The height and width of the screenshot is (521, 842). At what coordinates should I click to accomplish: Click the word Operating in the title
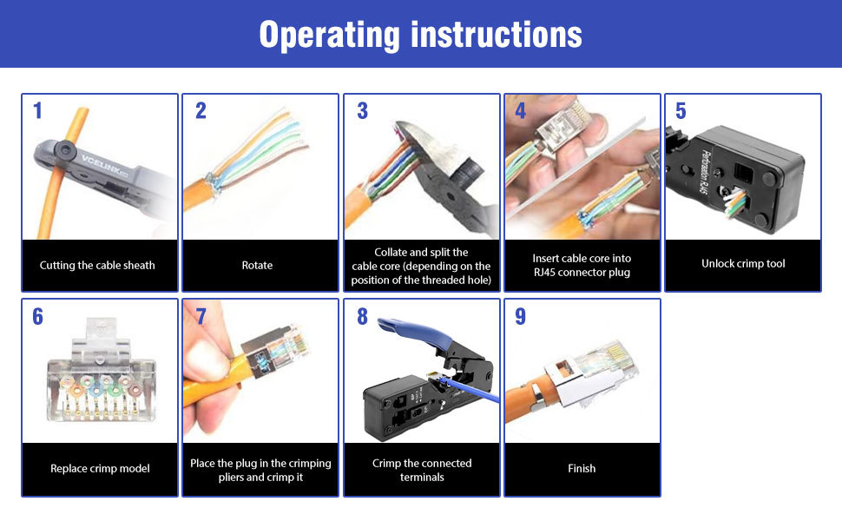[x=330, y=36]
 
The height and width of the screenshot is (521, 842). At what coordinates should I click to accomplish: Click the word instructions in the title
[x=497, y=35]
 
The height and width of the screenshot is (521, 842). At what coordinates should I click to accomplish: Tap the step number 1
[x=37, y=110]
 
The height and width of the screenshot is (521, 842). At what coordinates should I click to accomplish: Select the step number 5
[x=681, y=110]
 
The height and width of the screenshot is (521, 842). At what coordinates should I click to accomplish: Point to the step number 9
[x=520, y=316]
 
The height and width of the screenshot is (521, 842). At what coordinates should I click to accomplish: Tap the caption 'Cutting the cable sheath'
[x=97, y=266]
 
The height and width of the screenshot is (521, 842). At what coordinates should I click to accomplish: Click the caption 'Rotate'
[x=257, y=266]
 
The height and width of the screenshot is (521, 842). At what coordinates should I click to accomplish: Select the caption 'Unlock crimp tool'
[x=743, y=264]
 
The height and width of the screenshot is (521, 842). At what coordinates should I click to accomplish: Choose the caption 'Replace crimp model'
[x=100, y=468]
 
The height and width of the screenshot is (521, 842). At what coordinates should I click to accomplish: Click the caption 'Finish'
[x=582, y=468]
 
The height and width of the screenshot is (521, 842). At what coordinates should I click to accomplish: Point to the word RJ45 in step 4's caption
[x=544, y=273]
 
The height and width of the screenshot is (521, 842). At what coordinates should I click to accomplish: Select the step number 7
[x=201, y=316]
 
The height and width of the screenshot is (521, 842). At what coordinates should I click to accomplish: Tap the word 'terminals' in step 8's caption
[x=422, y=478]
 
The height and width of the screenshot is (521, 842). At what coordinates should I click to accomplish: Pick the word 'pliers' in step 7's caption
[x=232, y=478]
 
